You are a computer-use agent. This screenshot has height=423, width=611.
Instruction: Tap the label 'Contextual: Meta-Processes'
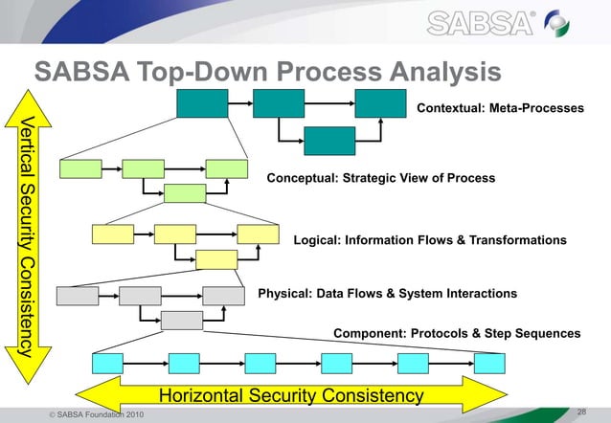[x=500, y=109]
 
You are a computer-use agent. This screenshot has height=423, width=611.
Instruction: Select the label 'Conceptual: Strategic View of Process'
[x=380, y=178]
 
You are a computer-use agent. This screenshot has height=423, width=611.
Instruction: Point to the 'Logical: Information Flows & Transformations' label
[x=429, y=239]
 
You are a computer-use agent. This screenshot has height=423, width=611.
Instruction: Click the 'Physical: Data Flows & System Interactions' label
[x=388, y=293]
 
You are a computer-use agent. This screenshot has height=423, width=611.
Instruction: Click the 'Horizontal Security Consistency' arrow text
[x=290, y=395]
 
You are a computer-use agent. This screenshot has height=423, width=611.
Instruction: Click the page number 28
[x=581, y=412]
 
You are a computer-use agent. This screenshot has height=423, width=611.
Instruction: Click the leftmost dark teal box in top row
[x=202, y=102]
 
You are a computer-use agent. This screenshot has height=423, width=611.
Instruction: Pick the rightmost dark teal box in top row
[x=380, y=102]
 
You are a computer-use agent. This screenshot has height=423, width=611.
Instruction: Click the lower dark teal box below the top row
[x=328, y=140]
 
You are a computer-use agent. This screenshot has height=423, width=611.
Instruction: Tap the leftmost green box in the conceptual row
[x=79, y=168]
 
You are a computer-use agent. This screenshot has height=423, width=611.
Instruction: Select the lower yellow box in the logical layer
[x=216, y=258]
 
